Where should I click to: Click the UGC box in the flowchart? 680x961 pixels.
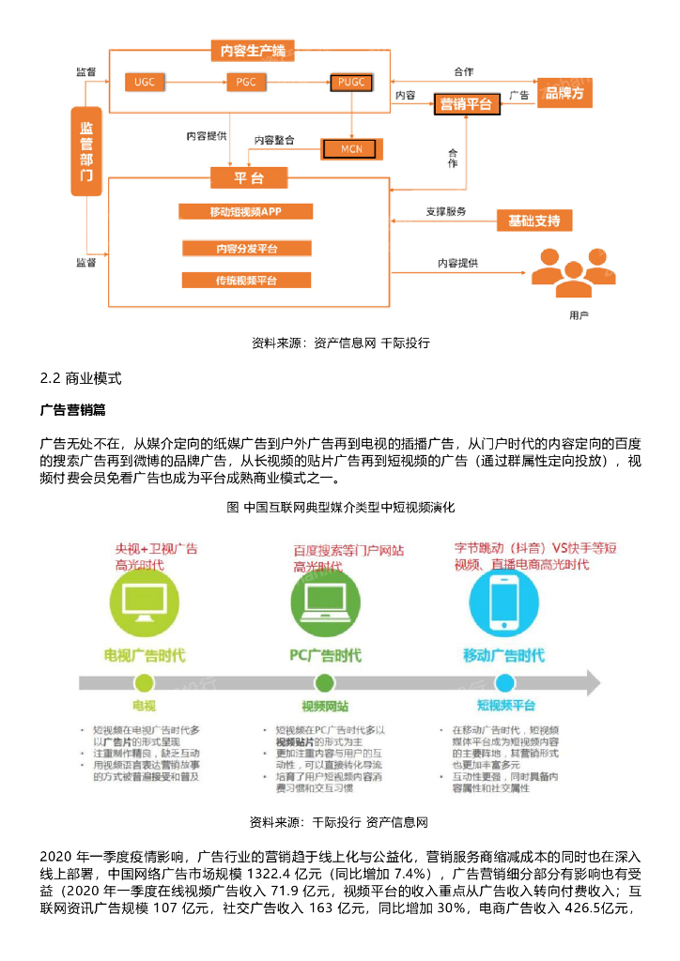point(145,82)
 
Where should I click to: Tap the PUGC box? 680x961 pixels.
point(351,83)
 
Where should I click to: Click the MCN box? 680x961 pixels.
point(350,148)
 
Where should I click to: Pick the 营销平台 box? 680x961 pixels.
point(466,103)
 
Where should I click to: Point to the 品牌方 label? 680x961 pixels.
point(564,93)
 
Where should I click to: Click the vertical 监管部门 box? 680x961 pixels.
point(86,151)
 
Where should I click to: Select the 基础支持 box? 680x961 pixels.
point(533,221)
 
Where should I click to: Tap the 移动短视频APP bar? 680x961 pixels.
point(246,211)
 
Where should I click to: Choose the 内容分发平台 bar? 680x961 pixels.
point(246,249)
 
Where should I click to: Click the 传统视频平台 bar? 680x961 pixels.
point(246,280)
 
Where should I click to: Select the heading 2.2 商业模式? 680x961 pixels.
point(81,380)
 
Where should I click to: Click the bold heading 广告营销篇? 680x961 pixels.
point(73,410)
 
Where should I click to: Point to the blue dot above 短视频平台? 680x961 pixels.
point(504,682)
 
